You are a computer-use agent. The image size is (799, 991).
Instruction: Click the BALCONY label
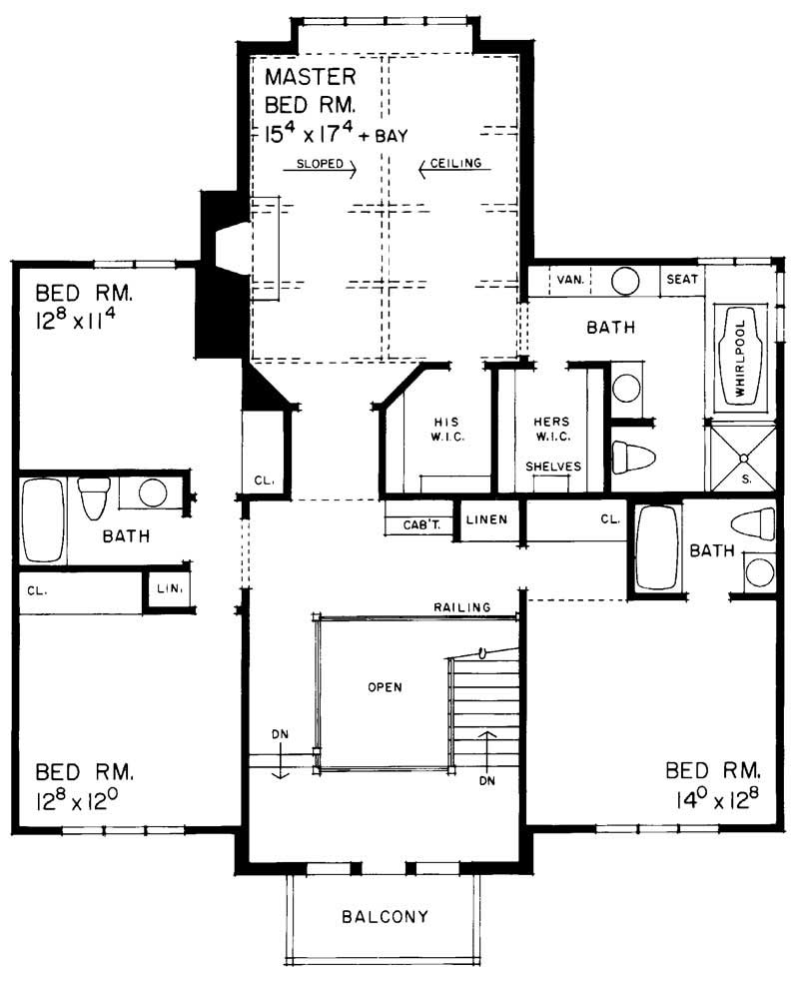(385, 916)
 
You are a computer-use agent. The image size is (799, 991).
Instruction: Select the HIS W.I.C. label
(444, 429)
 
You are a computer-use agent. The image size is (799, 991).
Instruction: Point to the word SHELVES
(553, 467)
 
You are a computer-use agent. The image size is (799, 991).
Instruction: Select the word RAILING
(461, 606)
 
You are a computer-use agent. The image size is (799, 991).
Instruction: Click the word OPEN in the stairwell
(384, 687)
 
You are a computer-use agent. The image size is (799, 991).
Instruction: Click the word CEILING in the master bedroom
(457, 163)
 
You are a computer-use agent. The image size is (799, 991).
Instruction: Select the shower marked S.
(742, 457)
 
